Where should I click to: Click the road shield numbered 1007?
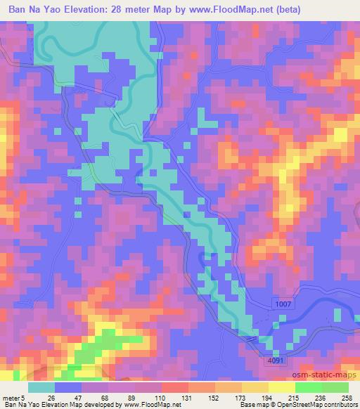point(283,302)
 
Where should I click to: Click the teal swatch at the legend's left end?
point(41,387)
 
